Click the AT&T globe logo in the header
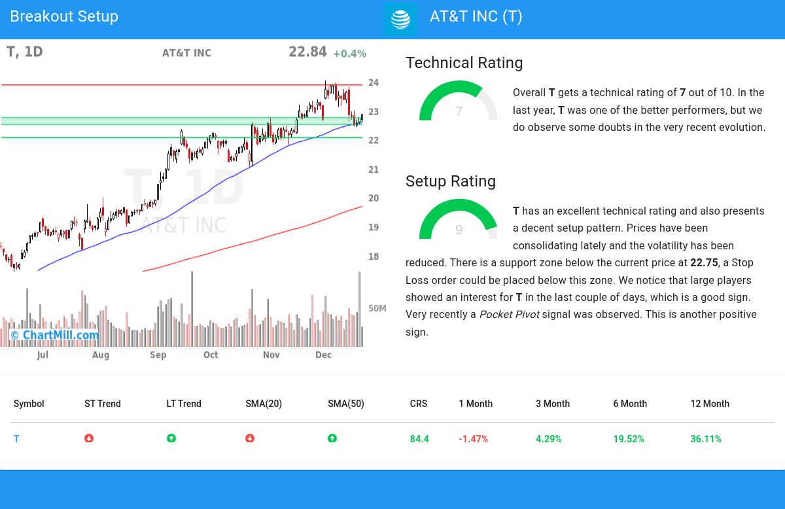[x=400, y=20]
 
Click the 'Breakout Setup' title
[x=64, y=16]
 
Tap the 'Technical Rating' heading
[x=464, y=63]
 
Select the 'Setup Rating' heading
[x=450, y=181]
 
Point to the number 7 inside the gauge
[x=459, y=112]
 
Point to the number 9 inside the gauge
[x=459, y=230]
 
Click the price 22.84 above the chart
[x=307, y=52]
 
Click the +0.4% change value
[x=349, y=54]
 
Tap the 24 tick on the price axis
[x=374, y=82]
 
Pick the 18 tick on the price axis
[x=374, y=256]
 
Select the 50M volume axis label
[x=377, y=308]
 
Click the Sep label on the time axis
[x=158, y=355]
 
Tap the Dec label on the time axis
[x=323, y=355]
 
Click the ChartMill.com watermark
[x=55, y=336]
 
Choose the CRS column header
[x=419, y=404]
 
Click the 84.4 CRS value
[x=419, y=439]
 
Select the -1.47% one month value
[x=473, y=439]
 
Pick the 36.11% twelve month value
[x=706, y=439]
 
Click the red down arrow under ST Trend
[x=89, y=438]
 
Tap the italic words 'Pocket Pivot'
[x=509, y=315]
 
